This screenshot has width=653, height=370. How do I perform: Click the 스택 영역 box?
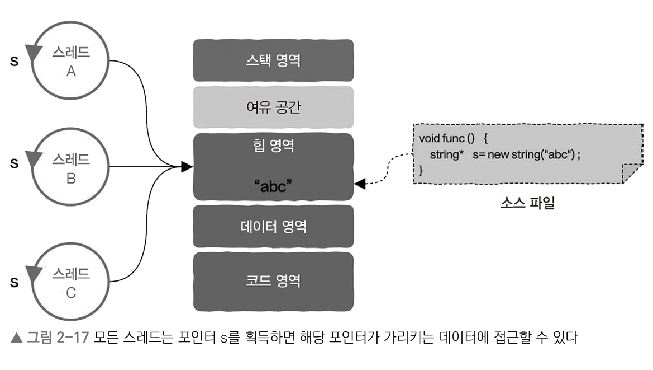(273, 60)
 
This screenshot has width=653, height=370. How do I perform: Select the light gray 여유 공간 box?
(273, 107)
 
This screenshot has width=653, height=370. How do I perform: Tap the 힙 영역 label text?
(273, 147)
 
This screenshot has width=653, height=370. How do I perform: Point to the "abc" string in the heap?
(273, 187)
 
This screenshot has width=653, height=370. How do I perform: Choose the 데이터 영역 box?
(273, 226)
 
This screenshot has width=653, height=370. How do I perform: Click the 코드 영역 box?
(273, 280)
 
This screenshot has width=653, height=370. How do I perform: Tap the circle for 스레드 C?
(70, 283)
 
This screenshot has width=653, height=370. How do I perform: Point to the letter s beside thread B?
(15, 165)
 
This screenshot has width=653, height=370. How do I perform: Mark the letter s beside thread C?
(15, 282)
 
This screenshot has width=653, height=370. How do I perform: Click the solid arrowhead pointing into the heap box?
(187, 167)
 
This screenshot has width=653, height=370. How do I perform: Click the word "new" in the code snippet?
(498, 154)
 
